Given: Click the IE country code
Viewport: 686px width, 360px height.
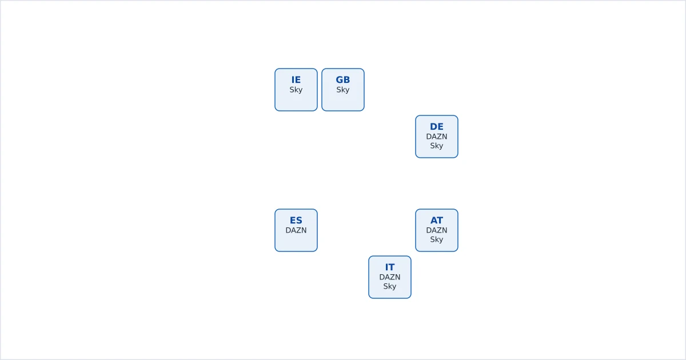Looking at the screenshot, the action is pos(296,80).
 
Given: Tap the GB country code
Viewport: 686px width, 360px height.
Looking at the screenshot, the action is pos(342,80).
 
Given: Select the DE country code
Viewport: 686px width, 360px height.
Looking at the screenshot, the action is pos(436,127).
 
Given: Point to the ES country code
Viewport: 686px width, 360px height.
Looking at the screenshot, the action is pos(296,221).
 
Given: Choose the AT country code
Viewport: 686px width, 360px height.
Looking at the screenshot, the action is pos(436,221).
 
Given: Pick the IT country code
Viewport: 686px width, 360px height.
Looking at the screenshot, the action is pos(389,267).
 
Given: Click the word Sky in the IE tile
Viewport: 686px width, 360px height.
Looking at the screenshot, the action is pos(296,90).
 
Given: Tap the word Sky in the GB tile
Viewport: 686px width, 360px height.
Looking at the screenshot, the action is pos(342,90).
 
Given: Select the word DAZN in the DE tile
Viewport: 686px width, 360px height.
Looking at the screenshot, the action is pos(436,137).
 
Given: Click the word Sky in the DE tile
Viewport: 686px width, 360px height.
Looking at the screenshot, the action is pos(436,146).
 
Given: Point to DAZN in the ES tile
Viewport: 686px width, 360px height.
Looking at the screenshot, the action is pos(296,230).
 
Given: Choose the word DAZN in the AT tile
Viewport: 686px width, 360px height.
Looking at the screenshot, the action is pos(436,230).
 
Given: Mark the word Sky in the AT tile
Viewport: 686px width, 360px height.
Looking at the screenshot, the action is pos(436,239).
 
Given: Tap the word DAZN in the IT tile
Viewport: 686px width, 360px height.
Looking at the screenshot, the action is pos(389,277).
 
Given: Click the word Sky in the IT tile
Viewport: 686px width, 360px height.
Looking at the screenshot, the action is pos(389,286).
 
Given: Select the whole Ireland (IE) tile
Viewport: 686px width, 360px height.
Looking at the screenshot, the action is pos(296,90).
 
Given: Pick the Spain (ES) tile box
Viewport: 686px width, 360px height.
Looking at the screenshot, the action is pos(296,230).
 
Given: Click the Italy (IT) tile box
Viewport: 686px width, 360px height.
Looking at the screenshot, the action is pos(389,277).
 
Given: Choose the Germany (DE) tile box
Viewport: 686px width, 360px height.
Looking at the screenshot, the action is pos(436,137).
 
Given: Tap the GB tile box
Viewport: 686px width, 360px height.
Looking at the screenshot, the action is pos(342,90).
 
